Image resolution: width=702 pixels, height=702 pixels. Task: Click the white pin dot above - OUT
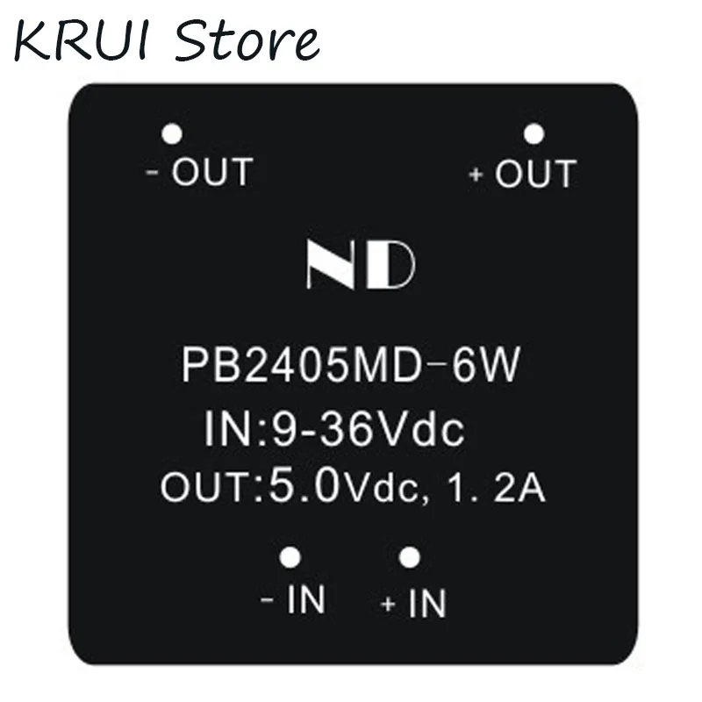[x=172, y=134]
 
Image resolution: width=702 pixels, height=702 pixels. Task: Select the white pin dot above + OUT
[x=534, y=134]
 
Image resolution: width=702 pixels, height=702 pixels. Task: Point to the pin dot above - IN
[x=290, y=556]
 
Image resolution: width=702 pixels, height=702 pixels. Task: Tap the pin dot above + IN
[x=407, y=556]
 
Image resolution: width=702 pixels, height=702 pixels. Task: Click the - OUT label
[x=199, y=172]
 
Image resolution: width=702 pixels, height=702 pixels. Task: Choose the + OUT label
[x=523, y=174]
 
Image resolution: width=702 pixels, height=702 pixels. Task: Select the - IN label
[x=294, y=601]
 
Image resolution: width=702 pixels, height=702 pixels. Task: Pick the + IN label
[x=414, y=604]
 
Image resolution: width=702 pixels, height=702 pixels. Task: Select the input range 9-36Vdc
[x=366, y=432]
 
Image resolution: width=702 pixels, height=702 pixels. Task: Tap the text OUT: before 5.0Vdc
[x=211, y=488]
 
